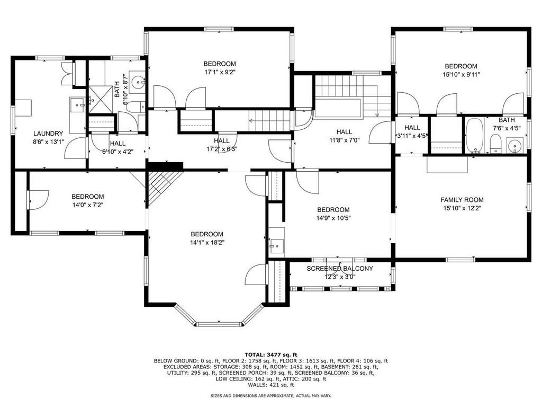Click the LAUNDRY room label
(x=48, y=134)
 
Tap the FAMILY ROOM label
(x=462, y=200)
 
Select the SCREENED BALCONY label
(x=340, y=269)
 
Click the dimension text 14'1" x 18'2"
(x=207, y=243)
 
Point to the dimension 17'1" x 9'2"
(x=220, y=73)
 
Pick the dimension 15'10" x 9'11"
(x=460, y=75)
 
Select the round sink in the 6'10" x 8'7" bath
(x=138, y=82)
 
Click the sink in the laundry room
(x=79, y=105)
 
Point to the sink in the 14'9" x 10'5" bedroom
(x=276, y=246)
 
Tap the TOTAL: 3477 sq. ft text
(x=271, y=355)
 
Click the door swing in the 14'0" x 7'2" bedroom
(x=37, y=199)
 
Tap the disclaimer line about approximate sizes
(x=271, y=396)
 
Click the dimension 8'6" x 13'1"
(x=48, y=141)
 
